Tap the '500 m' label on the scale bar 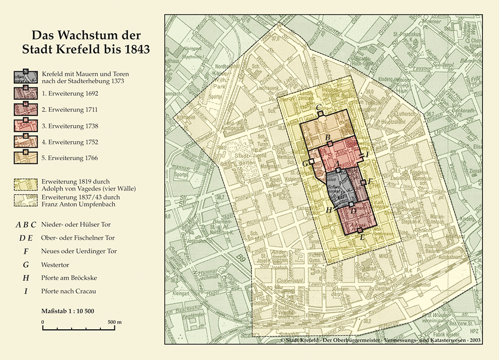pyautogui.click(x=114, y=322)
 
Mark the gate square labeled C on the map pyautogui.click(x=322, y=113)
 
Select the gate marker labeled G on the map pyautogui.click(x=311, y=162)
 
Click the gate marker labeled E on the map pyautogui.click(x=360, y=230)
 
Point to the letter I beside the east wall pyautogui.click(x=367, y=155)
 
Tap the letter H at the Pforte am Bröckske pyautogui.click(x=329, y=210)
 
